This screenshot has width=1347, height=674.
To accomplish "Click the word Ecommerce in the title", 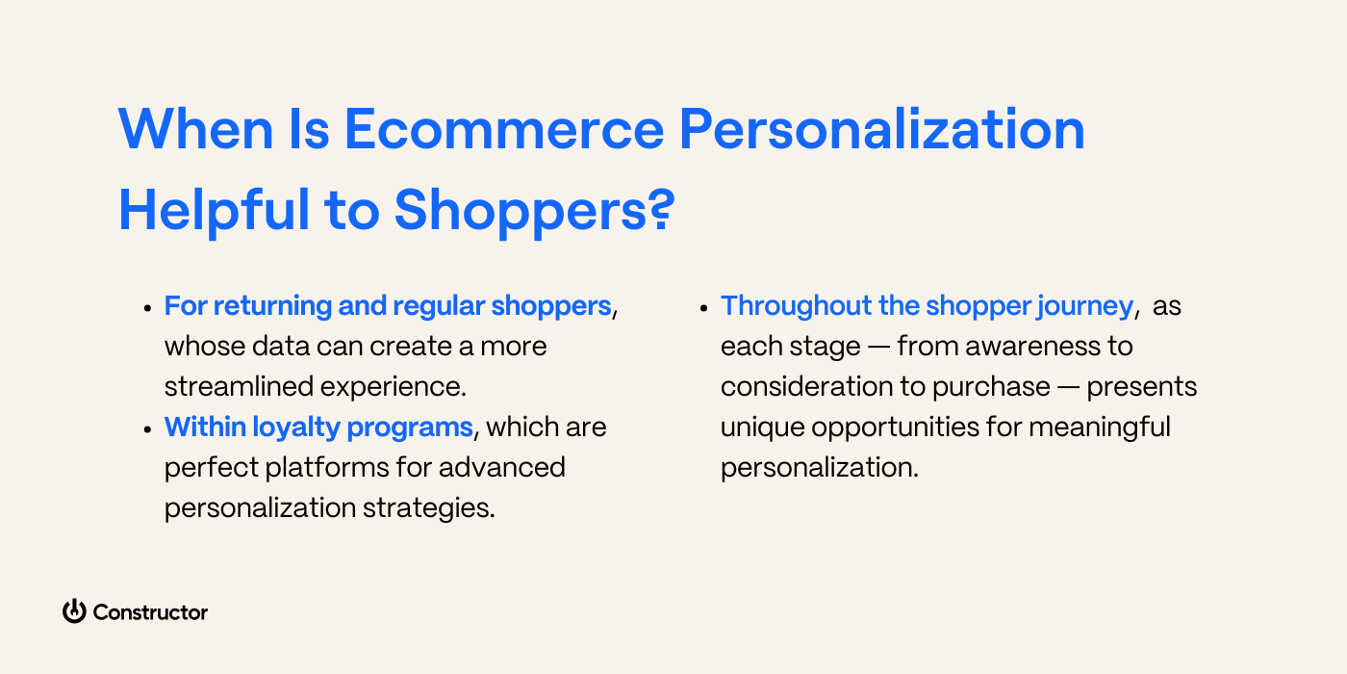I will [504, 129].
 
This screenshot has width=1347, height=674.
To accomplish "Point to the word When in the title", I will [188, 129].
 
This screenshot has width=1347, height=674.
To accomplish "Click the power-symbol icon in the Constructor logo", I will [74, 611].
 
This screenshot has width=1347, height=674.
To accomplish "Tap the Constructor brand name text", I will [150, 612].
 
